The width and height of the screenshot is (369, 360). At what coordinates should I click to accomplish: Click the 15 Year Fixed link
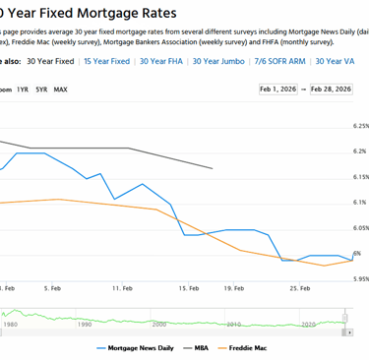point(107,61)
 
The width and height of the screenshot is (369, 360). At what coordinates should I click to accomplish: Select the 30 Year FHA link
point(161,61)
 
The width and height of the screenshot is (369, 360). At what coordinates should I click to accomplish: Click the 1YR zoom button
point(23,90)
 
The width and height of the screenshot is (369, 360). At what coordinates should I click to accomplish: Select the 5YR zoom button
point(41,90)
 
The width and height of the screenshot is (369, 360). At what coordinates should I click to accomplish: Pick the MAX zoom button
point(61,90)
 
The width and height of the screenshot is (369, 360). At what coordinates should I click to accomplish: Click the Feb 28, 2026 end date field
point(331,90)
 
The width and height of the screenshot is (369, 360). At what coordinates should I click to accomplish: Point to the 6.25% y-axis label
point(359,126)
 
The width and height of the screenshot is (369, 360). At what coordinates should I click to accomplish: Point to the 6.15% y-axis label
point(359,177)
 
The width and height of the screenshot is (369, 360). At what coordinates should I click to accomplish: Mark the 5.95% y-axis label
point(359,278)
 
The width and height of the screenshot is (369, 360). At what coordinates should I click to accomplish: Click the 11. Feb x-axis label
point(122,288)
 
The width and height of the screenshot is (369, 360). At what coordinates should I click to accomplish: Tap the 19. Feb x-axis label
point(234,288)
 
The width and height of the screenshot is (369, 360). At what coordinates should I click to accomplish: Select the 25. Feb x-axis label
point(300,288)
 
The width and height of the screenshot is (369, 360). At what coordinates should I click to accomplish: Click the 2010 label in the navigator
point(234,323)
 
